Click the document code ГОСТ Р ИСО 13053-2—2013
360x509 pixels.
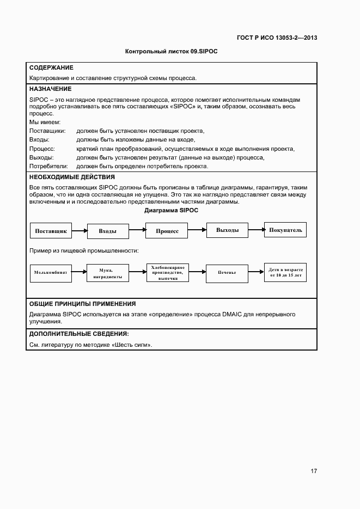277,38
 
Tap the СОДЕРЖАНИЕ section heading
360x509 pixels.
51,68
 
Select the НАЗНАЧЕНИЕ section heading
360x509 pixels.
50,89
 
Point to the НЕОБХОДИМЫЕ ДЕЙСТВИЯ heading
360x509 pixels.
72,177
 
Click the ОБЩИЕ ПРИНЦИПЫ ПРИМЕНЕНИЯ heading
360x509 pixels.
82,304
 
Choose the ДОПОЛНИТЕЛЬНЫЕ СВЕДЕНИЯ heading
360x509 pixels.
79,333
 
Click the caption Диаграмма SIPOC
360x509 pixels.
171,210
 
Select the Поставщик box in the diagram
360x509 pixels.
51,231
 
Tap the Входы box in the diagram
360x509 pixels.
108,231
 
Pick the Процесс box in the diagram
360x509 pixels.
167,231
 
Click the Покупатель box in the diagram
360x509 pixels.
285,230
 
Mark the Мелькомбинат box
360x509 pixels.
51,272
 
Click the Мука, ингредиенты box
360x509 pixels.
108,272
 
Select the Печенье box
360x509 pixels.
227,272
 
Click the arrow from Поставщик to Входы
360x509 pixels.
80,231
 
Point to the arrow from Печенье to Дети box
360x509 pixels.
256,272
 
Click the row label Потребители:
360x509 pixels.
48,165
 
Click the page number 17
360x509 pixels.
314,471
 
